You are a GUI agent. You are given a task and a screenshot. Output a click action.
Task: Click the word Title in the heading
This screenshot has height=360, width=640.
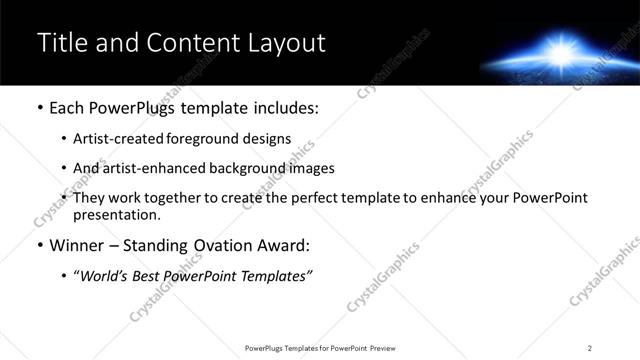click(x=58, y=43)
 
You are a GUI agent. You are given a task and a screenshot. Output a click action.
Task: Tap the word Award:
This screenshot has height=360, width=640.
click(x=284, y=245)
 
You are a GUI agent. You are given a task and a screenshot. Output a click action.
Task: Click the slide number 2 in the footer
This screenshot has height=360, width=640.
click(x=590, y=348)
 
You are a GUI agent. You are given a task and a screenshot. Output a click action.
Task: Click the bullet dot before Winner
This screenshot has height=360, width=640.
click(x=39, y=246)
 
